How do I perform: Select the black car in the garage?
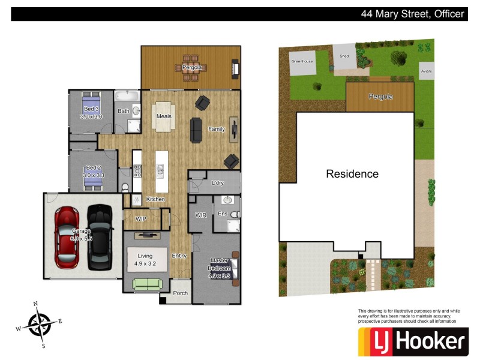click(100, 237)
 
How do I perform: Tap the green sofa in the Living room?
click(146, 284)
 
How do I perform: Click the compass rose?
click(39, 325)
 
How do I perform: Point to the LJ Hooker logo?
click(412, 342)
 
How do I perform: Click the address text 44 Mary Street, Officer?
click(412, 14)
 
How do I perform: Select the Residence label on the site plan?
click(352, 174)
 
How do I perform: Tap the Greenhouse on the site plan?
click(302, 62)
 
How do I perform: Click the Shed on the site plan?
click(344, 56)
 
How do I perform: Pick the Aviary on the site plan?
click(426, 71)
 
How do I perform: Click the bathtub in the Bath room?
click(127, 96)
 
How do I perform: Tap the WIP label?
click(141, 219)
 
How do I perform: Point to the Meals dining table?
click(164, 116)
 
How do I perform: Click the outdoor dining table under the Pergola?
click(191, 67)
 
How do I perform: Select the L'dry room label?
click(217, 183)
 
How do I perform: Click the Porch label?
click(180, 293)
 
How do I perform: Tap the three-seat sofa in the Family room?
click(196, 130)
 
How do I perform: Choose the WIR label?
click(200, 214)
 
